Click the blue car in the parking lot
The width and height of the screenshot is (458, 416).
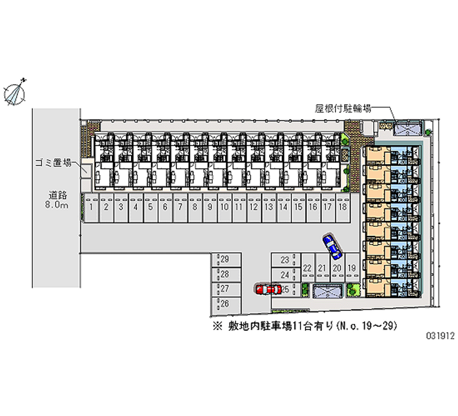tap(332, 247)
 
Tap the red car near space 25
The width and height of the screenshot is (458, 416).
tap(268, 290)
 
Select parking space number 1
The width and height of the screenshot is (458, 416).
tap(92, 208)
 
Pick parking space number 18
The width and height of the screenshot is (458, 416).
tap(343, 208)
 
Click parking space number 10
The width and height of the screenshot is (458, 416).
tap(224, 208)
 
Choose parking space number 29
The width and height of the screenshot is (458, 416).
tap(226, 260)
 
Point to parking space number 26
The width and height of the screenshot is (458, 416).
tap(226, 304)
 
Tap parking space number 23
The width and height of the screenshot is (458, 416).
tap(286, 260)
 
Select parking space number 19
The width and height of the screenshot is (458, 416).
tap(352, 268)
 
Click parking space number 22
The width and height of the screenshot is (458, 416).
tap(307, 268)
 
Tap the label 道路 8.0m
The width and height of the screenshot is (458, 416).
tap(57, 200)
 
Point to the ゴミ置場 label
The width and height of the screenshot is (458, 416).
tap(53, 163)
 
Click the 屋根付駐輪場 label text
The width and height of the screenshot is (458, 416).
tap(343, 109)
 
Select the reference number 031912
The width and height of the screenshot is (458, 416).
tap(440, 336)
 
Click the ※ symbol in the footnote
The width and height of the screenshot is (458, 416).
tap(218, 326)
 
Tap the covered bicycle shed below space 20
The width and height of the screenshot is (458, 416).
tap(327, 291)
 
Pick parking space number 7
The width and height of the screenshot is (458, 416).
tap(180, 208)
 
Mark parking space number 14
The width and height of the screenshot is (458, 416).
tap(283, 208)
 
